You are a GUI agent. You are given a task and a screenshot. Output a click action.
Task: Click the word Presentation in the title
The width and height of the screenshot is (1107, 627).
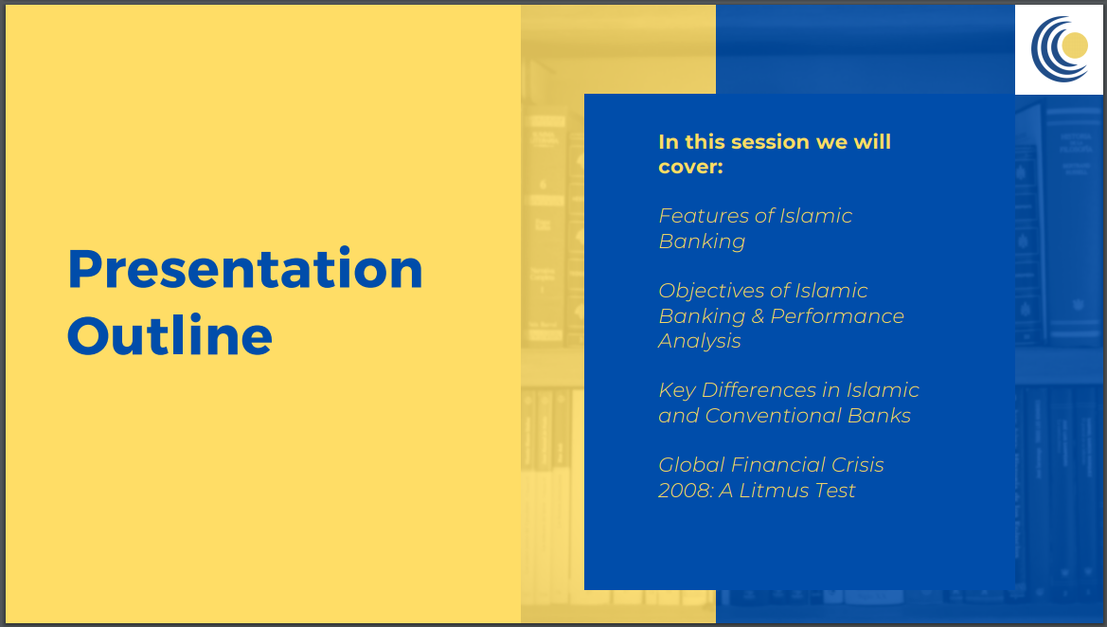[245, 269]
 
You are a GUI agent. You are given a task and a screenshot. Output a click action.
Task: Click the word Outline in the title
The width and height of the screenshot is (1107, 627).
[170, 335]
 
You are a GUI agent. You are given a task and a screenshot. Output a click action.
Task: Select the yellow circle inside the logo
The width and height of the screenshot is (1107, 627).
[1075, 45]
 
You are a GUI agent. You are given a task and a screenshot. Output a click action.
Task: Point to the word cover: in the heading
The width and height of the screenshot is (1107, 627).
[690, 168]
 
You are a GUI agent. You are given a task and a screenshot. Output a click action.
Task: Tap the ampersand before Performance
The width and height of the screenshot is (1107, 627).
[758, 316]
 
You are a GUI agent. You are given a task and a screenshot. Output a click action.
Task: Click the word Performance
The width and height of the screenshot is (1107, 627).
[837, 316]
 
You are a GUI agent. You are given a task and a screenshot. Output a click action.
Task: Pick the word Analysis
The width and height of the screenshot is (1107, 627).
[700, 342]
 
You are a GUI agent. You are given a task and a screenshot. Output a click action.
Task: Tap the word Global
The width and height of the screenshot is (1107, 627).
[691, 465]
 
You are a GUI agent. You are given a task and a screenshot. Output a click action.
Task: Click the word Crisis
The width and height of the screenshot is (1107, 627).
[857, 465]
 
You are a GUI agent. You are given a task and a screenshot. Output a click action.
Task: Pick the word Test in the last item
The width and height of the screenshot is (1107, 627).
[835, 491]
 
